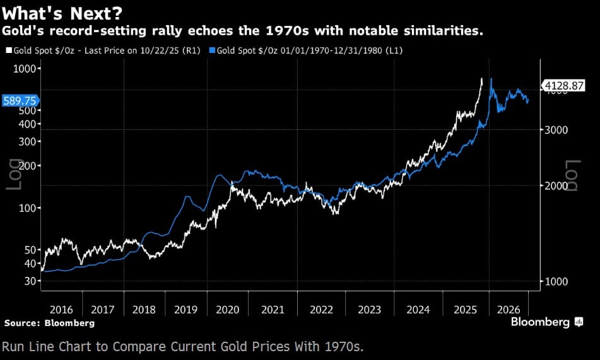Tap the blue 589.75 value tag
click(x=20, y=100)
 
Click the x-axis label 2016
click(x=61, y=310)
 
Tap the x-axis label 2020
click(x=227, y=310)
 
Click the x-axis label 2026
click(x=509, y=310)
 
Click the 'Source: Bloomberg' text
click(x=49, y=323)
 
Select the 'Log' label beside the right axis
click(x=572, y=175)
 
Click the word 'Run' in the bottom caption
click(x=13, y=346)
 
